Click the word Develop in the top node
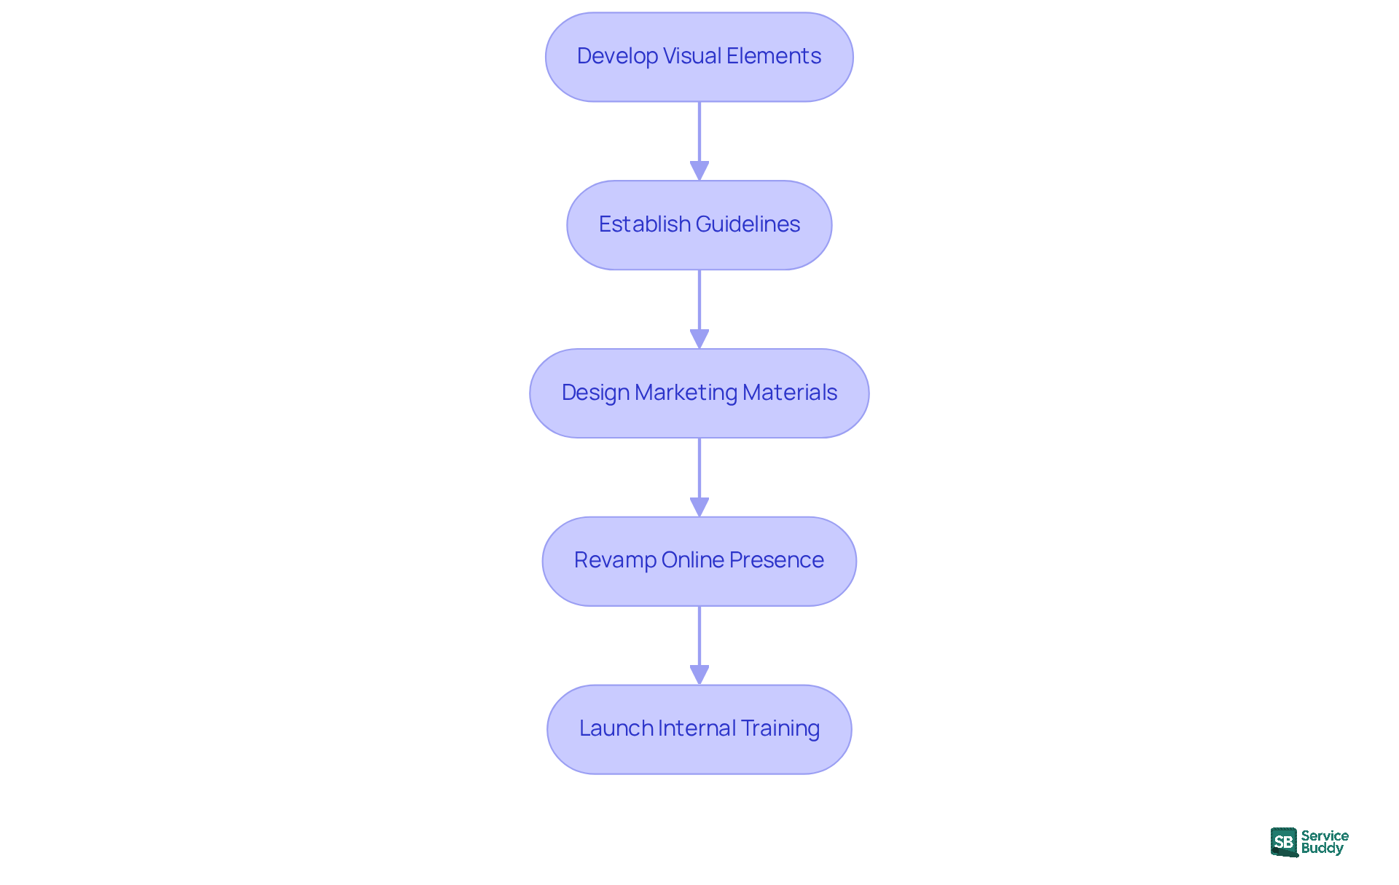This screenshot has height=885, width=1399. pyautogui.click(x=617, y=56)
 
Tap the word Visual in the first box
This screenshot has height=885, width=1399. pyautogui.click(x=692, y=56)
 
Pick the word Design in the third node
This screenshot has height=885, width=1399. pyautogui.click(x=595, y=393)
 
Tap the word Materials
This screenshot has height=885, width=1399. pyautogui.click(x=790, y=393)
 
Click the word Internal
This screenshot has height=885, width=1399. pyautogui.click(x=697, y=728)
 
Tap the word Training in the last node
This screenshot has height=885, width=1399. pyautogui.click(x=780, y=728)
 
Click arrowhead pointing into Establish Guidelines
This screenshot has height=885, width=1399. pyautogui.click(x=699, y=170)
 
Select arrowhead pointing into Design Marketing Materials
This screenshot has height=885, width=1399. pyautogui.click(x=699, y=339)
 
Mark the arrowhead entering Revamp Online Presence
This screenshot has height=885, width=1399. pyautogui.click(x=699, y=507)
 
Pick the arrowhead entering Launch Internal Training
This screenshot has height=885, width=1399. pyautogui.click(x=699, y=674)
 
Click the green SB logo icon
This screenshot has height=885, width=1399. pyautogui.click(x=1284, y=842)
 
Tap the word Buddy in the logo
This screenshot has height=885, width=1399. pyautogui.click(x=1322, y=849)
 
